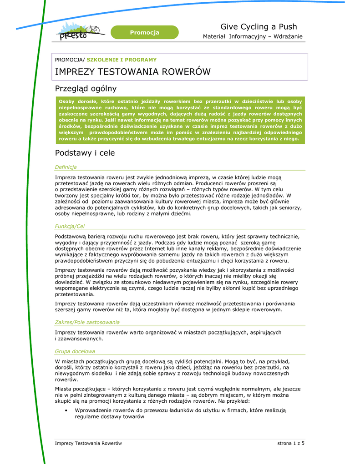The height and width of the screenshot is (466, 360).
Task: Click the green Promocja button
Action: pyautogui.click(x=144, y=32)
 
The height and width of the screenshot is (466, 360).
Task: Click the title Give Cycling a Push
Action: pyautogui.click(x=259, y=27)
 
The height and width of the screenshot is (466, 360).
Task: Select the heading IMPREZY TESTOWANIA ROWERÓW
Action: pyautogui.click(x=132, y=72)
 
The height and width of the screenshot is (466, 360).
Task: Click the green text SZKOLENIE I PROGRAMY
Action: pyautogui.click(x=122, y=60)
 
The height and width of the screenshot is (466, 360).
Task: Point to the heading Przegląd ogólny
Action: pyautogui.click(x=86, y=88)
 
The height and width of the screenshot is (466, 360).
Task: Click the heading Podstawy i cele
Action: pyautogui.click(x=85, y=153)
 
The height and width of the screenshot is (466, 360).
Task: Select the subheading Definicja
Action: pyautogui.click(x=66, y=167)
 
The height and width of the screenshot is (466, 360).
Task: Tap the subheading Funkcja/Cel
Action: pyautogui.click(x=70, y=226)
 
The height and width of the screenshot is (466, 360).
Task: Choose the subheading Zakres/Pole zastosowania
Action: pyautogui.click(x=87, y=322)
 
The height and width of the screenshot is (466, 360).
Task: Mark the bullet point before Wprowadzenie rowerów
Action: pyautogui.click(x=66, y=410)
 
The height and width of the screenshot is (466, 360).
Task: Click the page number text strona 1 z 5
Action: pyautogui.click(x=291, y=443)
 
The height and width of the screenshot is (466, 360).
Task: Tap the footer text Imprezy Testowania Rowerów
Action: pyautogui.click(x=88, y=443)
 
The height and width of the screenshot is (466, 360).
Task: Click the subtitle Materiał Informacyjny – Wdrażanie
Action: pyautogui.click(x=253, y=36)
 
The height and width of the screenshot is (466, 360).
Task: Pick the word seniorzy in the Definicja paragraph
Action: pyautogui.click(x=288, y=208)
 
